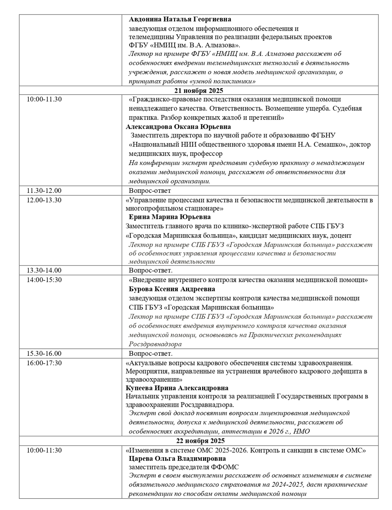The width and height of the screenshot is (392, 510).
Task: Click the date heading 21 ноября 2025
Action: pos(198,91)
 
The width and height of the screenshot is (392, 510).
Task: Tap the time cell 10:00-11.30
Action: pos(44,99)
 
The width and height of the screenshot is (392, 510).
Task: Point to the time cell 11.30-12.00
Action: pos(44,190)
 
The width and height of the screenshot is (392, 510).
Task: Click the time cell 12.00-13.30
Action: pos(44,200)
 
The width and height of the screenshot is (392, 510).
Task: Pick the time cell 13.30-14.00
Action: pos(44,270)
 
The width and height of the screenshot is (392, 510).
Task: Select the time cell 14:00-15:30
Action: pos(44,280)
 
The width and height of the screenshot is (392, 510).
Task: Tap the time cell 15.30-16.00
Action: pos(44,353)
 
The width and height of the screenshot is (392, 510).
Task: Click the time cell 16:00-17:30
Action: pos(44,363)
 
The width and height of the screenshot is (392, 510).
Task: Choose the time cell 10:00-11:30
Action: pos(44,450)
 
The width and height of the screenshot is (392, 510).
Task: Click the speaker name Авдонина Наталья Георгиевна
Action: pos(180,19)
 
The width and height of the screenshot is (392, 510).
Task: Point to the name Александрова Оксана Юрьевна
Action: pos(178,127)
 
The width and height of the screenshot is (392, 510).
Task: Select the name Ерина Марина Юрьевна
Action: pos(169,217)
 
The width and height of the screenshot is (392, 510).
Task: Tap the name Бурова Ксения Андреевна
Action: pos(172,289)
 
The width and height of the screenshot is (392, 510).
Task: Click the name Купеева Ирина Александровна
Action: pos(177,388)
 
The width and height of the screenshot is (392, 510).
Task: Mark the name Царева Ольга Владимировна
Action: pos(177,459)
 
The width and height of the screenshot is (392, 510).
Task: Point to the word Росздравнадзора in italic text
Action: pos(155,344)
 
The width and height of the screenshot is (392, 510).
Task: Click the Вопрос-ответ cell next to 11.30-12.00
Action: pos(150,190)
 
